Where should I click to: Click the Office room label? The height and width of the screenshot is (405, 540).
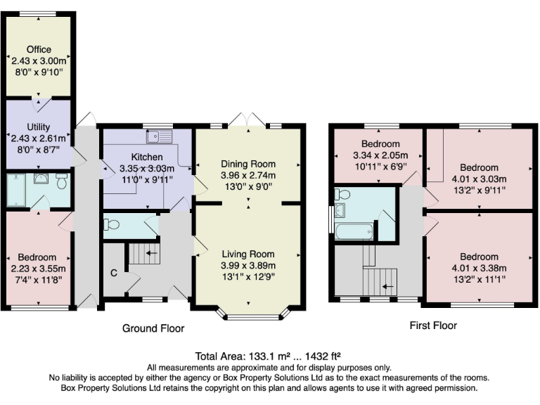[x=39, y=50]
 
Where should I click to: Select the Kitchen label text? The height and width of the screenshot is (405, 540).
[x=147, y=157]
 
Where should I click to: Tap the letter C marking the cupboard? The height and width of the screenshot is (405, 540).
[x=113, y=272]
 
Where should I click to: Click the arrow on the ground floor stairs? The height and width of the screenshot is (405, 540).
[x=151, y=251]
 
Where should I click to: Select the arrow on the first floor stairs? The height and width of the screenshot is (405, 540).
[x=385, y=286]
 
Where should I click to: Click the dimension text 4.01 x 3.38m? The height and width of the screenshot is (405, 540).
[x=479, y=268]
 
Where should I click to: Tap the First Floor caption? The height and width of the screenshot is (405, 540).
[x=432, y=326]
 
